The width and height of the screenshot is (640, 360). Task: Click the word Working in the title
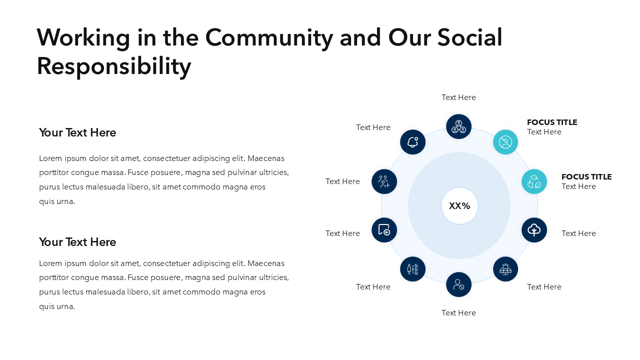83,38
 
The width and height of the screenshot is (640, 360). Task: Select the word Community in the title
269,38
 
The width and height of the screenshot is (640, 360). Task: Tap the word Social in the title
469,37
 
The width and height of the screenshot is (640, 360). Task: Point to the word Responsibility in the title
114,66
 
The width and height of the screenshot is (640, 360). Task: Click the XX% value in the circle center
459,205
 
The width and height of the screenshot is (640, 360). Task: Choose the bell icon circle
412,142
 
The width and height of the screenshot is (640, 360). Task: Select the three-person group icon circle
458,126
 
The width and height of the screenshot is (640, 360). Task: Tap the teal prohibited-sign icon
505,142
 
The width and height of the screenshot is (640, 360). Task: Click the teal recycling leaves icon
534,181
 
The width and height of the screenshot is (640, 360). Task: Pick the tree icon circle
534,230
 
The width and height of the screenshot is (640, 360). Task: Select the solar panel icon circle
505,269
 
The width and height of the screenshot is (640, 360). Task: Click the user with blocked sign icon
458,284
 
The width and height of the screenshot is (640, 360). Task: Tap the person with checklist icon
412,269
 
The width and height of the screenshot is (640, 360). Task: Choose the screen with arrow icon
384,230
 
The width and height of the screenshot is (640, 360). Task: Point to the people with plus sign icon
384,181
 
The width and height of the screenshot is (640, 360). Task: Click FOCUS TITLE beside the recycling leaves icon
586,177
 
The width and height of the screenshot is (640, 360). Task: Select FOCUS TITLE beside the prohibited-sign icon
552,122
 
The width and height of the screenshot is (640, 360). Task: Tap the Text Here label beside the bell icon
373,127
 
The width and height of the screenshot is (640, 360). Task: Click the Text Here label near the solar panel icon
544,287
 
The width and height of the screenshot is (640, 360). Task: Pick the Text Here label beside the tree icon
578,233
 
